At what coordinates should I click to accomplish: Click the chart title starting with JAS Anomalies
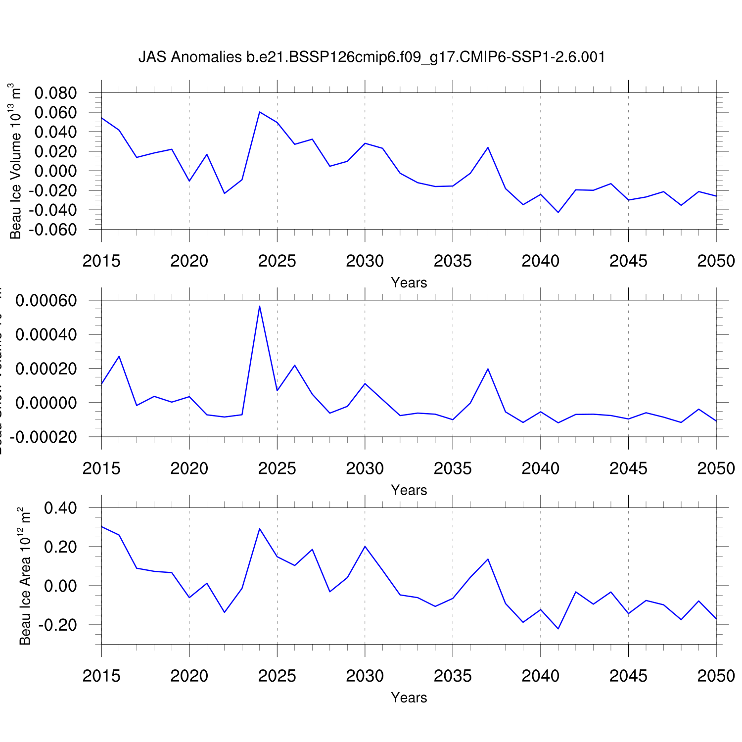click(371, 57)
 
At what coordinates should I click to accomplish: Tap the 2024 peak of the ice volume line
click(260, 112)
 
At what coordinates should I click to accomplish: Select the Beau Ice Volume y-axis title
click(16, 161)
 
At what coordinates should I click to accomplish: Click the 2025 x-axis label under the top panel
click(277, 261)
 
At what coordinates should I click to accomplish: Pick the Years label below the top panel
click(409, 282)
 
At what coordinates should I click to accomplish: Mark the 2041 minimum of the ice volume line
click(558, 212)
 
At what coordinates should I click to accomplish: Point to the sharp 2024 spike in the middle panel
click(260, 306)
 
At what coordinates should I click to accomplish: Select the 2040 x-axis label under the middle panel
click(540, 468)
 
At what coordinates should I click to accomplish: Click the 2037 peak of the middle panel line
click(488, 369)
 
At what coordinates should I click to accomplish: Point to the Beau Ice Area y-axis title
click(25, 576)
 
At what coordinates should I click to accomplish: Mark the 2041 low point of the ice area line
click(558, 629)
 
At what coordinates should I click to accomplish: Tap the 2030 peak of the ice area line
click(365, 546)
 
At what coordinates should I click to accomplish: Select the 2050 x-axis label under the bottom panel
click(716, 676)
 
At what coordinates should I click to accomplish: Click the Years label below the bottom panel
click(409, 697)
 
